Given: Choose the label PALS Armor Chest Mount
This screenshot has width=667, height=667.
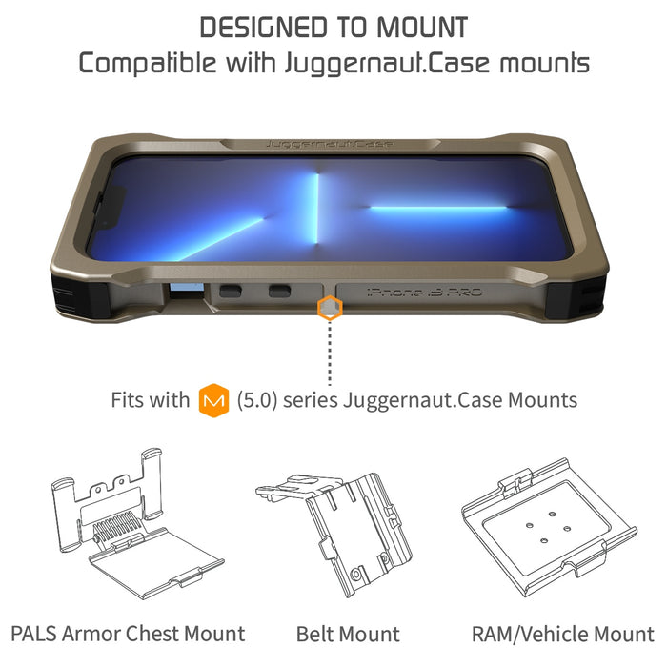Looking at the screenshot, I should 128,634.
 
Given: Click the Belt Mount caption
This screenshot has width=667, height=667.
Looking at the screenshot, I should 348,634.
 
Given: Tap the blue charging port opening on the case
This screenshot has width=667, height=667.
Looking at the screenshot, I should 184,291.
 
